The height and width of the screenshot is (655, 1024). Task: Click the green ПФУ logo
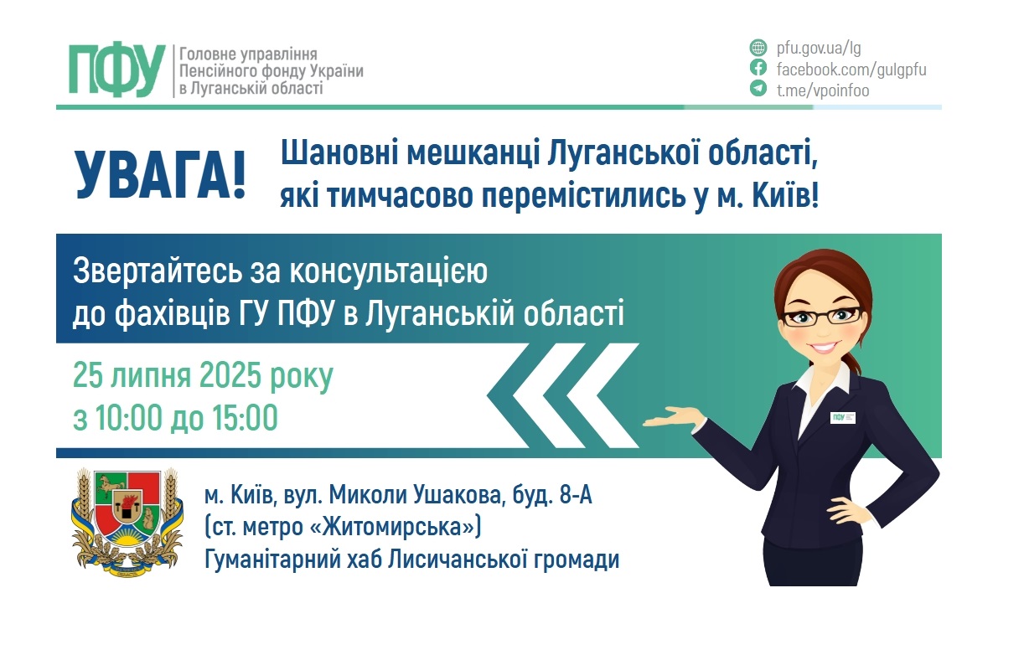point(117,70)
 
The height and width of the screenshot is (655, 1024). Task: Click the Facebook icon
point(758,69)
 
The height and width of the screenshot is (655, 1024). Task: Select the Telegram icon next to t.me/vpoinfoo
point(758,90)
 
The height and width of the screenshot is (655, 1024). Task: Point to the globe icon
point(758,48)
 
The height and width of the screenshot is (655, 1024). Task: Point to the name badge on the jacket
point(842,418)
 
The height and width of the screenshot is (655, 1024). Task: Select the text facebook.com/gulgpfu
point(851,69)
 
